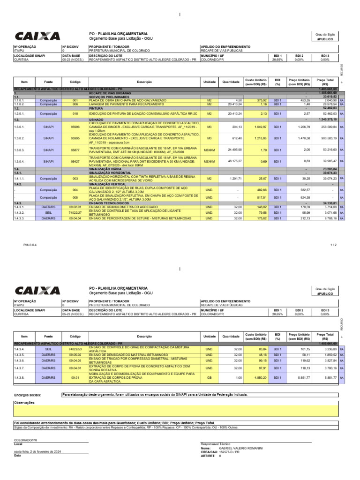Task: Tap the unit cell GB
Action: tap(209, 378)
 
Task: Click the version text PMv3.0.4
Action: tap(23, 245)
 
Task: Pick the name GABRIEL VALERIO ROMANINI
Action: tap(241, 448)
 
